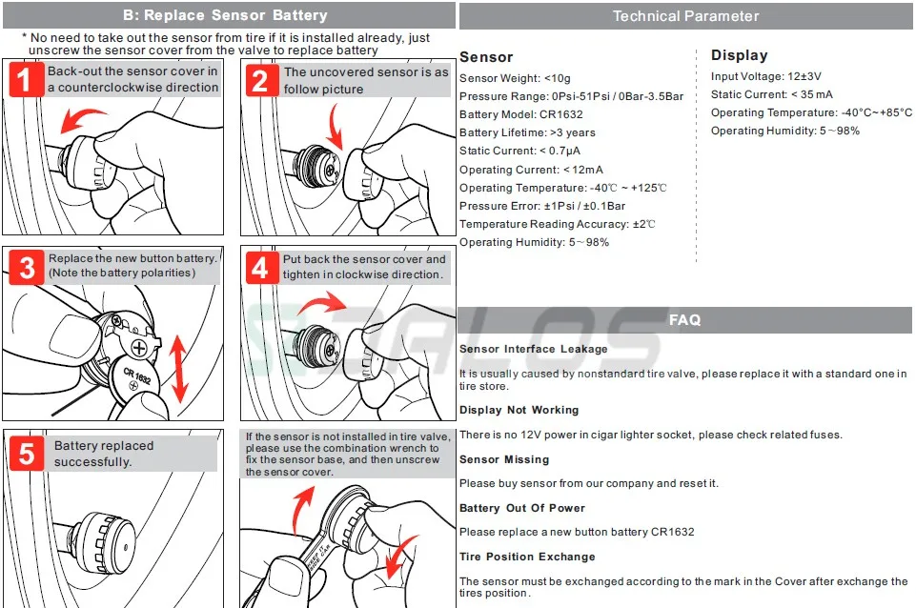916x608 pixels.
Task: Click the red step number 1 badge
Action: coord(26,79)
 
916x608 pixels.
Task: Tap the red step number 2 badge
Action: coord(260,80)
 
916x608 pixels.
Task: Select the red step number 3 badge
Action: coord(26,268)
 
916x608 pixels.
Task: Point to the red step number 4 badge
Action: coord(260,268)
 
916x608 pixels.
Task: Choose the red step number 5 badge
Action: coord(26,453)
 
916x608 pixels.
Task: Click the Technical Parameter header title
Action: coord(685,16)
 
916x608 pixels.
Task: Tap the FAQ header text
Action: coord(685,320)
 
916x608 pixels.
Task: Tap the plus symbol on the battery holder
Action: coord(139,347)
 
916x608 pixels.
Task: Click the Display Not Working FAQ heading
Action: coord(519,410)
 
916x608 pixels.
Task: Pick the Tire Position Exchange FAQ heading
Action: coord(526,557)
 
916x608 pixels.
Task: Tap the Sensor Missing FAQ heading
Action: coord(504,459)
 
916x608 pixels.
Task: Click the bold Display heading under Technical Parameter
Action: coord(739,55)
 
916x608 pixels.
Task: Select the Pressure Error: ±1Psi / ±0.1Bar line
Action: coord(541,206)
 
